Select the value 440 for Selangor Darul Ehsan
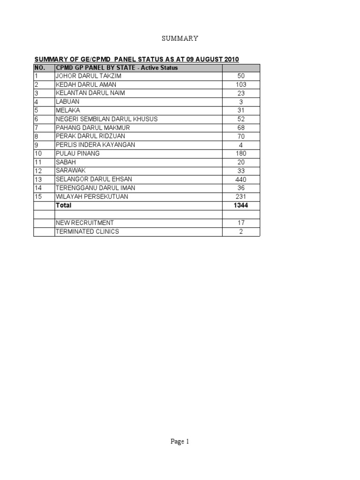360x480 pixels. (x=241, y=180)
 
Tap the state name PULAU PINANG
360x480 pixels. (x=78, y=153)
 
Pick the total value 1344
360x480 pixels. (x=241, y=205)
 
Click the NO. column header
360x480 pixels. (x=39, y=67)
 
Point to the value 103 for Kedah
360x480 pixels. (x=241, y=84)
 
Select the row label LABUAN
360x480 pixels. (x=67, y=101)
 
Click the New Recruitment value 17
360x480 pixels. (x=241, y=223)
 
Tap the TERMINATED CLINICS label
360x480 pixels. (x=87, y=232)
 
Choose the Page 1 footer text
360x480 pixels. (x=180, y=441)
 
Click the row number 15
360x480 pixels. (x=38, y=197)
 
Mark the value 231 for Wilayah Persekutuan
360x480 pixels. (x=241, y=197)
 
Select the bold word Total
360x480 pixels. (x=64, y=205)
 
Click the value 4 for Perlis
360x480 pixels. (x=241, y=145)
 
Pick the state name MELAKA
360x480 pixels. (x=68, y=110)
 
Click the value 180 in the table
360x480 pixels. (x=241, y=153)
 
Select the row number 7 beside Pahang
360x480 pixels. (x=36, y=127)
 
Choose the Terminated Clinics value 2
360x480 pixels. (x=241, y=232)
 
